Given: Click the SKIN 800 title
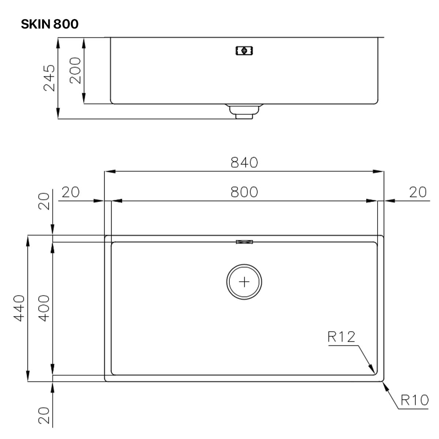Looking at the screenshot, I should click(x=49, y=24).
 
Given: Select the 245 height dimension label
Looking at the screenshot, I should click(x=49, y=78).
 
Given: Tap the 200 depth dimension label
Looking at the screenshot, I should click(x=75, y=70).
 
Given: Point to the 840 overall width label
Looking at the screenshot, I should click(x=244, y=162).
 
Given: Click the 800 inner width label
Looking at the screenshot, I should click(x=244, y=192).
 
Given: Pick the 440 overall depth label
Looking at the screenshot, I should click(x=19, y=308).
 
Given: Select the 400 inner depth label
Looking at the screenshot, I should click(x=44, y=308).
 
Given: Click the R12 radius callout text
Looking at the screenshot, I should click(x=341, y=337).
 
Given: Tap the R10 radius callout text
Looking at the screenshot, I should click(x=414, y=400).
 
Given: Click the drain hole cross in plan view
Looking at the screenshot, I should click(x=244, y=282).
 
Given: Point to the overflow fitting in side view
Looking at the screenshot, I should click(x=244, y=50).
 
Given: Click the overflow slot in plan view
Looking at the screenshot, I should click(x=244, y=242).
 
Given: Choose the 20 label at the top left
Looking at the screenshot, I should click(x=70, y=192).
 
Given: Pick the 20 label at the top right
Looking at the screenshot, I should click(x=417, y=192).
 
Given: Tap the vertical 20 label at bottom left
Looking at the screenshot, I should click(x=44, y=415).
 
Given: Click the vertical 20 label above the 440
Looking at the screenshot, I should click(x=44, y=201).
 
